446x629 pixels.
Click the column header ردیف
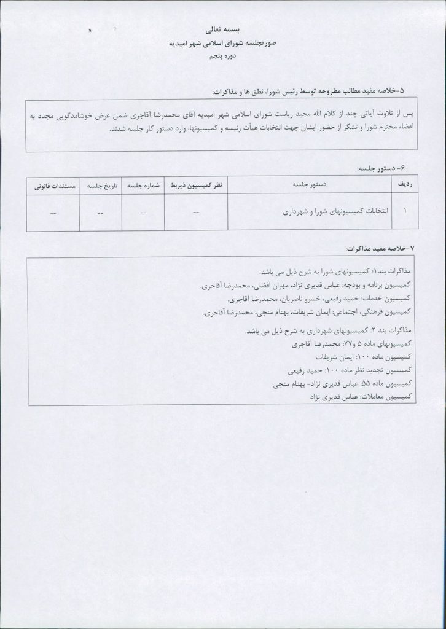406,184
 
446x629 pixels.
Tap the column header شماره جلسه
143,184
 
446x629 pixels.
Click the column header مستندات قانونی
54,184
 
